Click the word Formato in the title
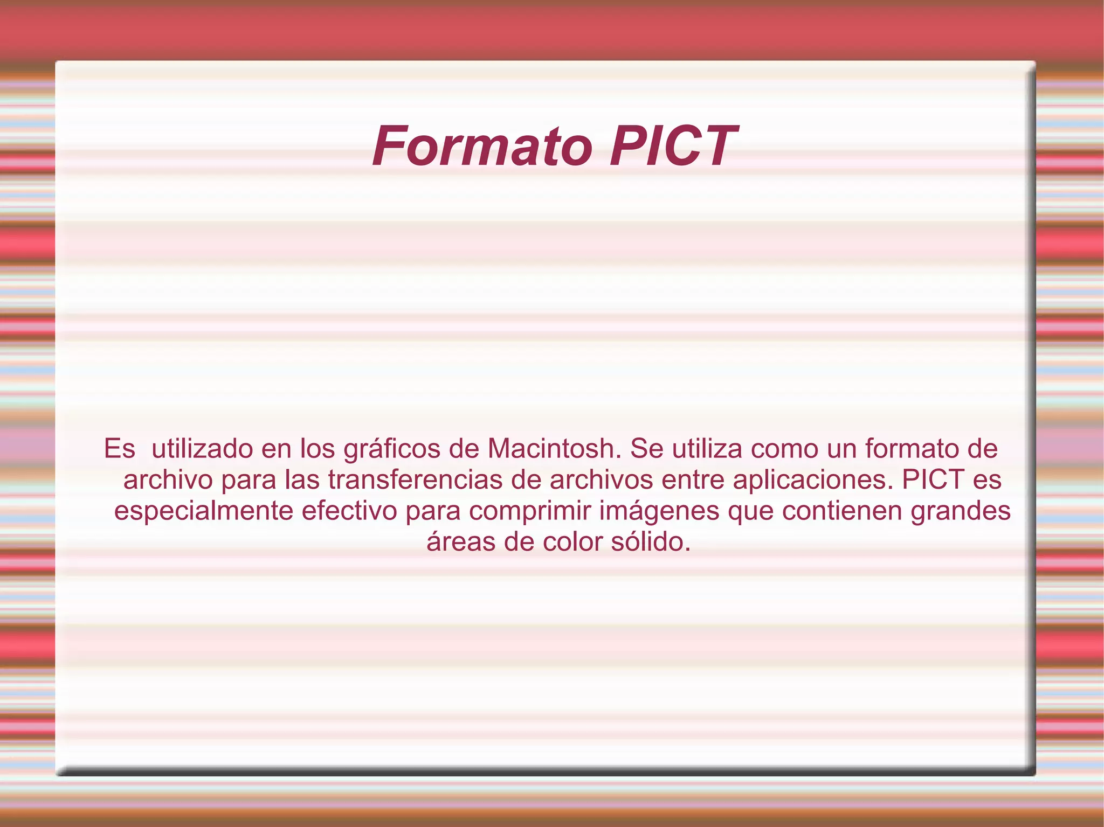point(482,147)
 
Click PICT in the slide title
point(672,147)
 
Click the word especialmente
point(203,511)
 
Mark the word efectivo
point(349,511)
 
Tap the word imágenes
point(659,511)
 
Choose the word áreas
point(461,542)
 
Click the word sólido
point(651,541)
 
